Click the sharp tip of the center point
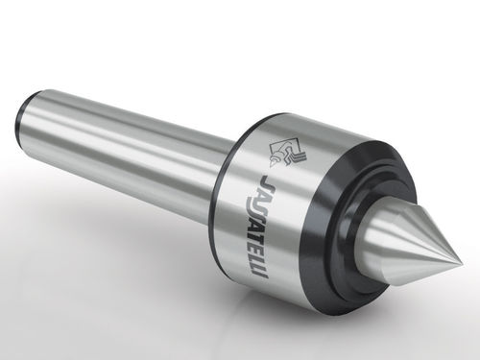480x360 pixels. (462, 263)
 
